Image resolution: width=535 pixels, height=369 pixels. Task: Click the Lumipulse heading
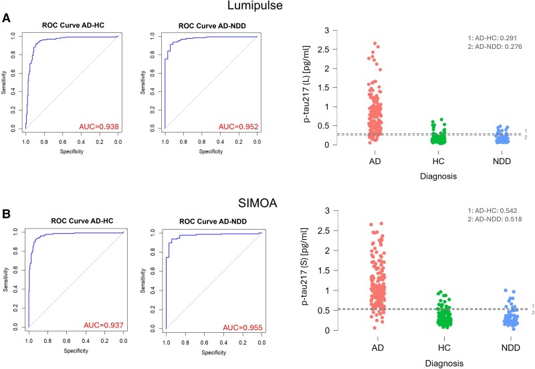coord(255,5)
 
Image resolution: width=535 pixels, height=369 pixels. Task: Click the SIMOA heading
coord(257,204)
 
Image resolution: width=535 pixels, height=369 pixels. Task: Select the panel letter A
coord(6,18)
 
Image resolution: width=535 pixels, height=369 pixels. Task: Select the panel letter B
coord(6,214)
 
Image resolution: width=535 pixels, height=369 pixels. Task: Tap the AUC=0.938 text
coord(99,127)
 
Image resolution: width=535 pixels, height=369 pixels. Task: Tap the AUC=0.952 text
coord(239,127)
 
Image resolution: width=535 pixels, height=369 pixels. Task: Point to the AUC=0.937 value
coord(104,325)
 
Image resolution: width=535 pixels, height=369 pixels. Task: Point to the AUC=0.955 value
coord(243,328)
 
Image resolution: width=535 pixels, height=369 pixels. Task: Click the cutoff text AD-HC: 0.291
coord(496,38)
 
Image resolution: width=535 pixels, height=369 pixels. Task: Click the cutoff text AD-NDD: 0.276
coord(498,46)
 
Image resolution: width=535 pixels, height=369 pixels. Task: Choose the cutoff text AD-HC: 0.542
coord(496,210)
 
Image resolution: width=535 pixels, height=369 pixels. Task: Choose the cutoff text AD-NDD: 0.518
coord(498,219)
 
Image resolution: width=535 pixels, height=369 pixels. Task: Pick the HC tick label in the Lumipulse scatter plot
coord(438,161)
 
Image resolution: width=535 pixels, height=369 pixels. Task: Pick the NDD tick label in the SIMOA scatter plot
coord(511,348)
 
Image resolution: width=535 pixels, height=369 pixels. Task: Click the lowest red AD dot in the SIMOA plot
coord(374,327)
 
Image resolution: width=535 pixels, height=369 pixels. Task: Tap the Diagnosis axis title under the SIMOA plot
coord(444,363)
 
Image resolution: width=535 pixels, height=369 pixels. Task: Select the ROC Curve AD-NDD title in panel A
coord(212,26)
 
